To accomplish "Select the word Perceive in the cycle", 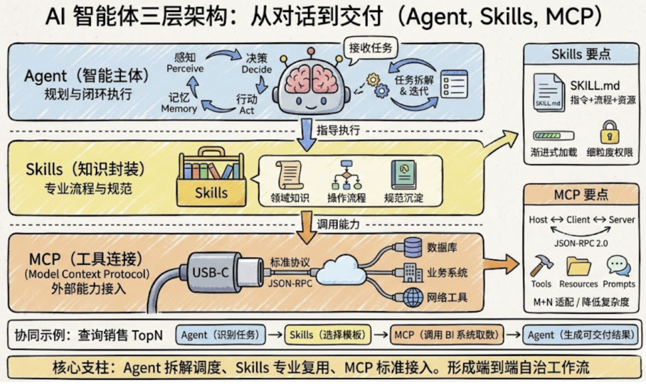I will (x=185, y=68).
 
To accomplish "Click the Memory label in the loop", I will (x=179, y=108).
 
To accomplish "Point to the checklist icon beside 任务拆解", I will (x=454, y=82).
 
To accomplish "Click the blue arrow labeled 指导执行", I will (x=307, y=134).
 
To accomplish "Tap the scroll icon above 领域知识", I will (x=290, y=175).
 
